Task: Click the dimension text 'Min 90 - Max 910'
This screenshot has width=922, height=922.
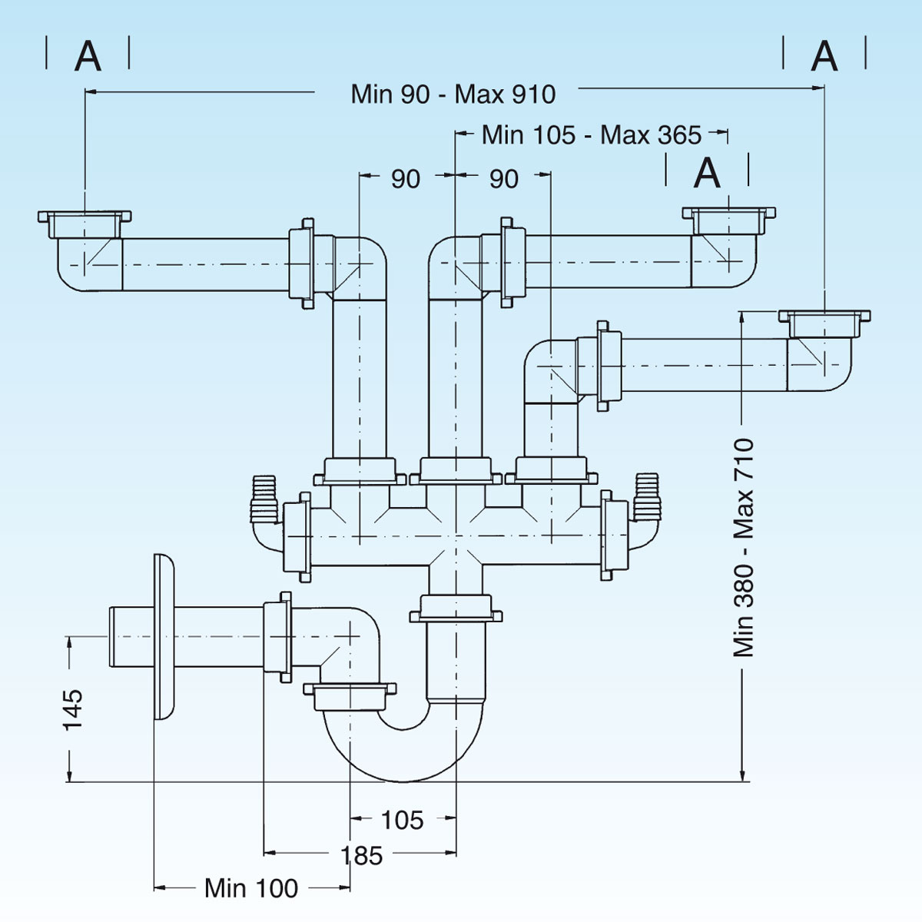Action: tap(453, 95)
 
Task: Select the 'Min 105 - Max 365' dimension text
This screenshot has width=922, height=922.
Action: tap(592, 135)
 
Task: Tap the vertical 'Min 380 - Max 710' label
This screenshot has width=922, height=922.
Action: tap(744, 547)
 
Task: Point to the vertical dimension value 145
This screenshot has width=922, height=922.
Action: tap(73, 708)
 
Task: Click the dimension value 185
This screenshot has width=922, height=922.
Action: tap(362, 855)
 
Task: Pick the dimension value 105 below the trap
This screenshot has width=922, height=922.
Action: tap(402, 820)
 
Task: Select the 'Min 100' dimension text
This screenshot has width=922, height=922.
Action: tap(251, 888)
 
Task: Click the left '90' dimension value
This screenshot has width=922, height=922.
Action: tap(406, 179)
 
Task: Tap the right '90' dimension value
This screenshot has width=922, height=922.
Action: tap(504, 179)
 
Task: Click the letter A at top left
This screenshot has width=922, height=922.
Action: tap(88, 56)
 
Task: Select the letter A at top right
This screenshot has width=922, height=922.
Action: tap(824, 56)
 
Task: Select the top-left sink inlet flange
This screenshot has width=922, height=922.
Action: tap(85, 219)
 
